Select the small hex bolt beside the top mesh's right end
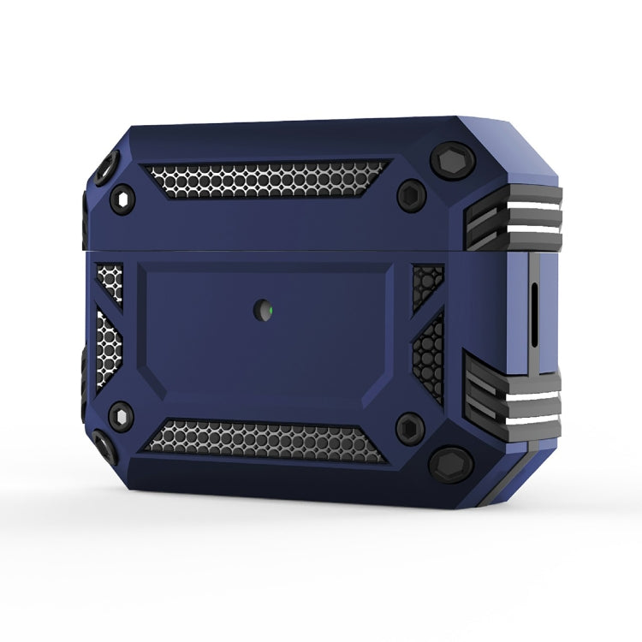point(412,196)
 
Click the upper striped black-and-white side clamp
point(514,217)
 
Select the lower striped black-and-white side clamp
point(514,397)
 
